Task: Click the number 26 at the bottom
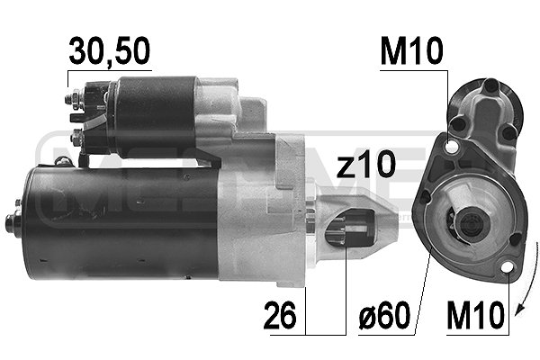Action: click(x=281, y=318)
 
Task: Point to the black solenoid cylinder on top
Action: click(x=153, y=112)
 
